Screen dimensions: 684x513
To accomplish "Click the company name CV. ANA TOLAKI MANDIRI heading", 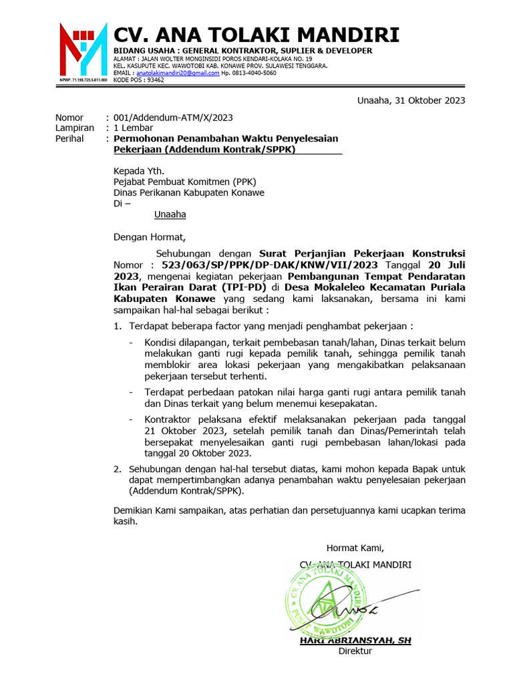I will coord(256,35).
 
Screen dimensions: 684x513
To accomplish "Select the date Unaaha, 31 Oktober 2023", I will coord(411,101).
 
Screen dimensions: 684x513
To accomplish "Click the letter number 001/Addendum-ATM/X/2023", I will coord(173,118).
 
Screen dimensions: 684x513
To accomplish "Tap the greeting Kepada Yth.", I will coord(139,170).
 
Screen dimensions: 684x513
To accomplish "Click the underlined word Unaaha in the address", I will coord(170,214).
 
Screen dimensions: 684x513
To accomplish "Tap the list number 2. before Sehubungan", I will coord(117,469).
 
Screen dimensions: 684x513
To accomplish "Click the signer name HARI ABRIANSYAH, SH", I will coord(355,640).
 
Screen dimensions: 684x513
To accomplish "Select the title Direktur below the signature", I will coord(355,651).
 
